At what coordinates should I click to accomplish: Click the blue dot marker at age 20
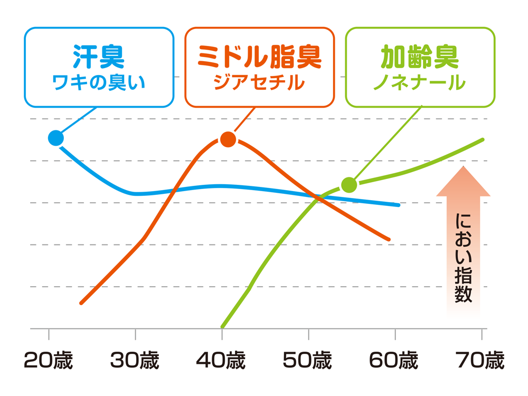[x=55, y=138]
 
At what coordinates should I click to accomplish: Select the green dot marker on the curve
[x=348, y=184]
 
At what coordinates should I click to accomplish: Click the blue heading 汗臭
[x=99, y=58]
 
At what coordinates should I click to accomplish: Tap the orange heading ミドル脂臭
[x=259, y=58]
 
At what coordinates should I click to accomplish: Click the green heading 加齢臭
[x=420, y=58]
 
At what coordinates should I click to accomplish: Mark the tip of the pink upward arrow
[x=463, y=168]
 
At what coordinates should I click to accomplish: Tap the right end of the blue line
[x=399, y=204]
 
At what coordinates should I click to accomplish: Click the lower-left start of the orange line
[x=81, y=303]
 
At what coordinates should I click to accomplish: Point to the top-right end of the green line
[x=483, y=139]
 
